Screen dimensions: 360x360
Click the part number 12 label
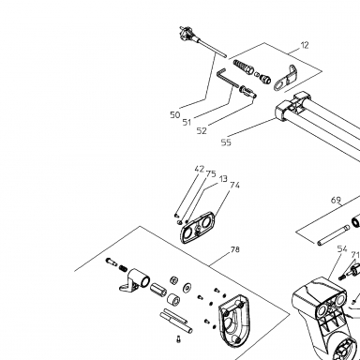coord(305,45)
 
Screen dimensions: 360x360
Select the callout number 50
coord(175,115)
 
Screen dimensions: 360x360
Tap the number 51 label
coord(187,122)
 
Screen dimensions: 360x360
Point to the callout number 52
coord(202,131)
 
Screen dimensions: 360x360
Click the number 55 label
coord(226,142)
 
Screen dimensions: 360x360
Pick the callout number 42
coord(200,169)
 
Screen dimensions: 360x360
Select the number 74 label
coord(234,186)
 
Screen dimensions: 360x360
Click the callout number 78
coord(235,249)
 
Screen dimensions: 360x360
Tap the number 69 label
coord(336,200)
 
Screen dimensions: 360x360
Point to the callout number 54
coord(342,249)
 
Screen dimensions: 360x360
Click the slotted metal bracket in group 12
coord(286,79)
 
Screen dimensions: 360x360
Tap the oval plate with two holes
coord(198,228)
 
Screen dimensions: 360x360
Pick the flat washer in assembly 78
coord(187,287)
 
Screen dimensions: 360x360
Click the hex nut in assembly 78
coord(173,279)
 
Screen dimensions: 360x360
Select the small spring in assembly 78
coord(123,268)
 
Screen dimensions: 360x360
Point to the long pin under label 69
coord(333,234)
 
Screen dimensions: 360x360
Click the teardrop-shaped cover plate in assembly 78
coord(234,322)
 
